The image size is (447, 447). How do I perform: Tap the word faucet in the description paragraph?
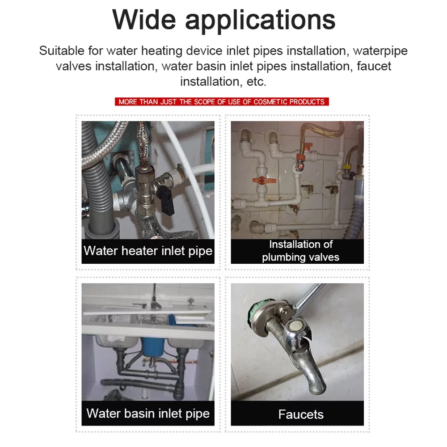tap(374, 67)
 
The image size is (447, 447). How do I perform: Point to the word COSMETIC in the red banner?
tap(270, 102)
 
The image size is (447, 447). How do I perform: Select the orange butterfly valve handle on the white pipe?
tap(260, 181)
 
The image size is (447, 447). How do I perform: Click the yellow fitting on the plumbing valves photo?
tap(346, 168)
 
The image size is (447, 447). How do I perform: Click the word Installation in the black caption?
tap(289, 245)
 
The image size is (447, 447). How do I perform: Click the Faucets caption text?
tap(300, 414)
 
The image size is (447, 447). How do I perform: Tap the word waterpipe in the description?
tap(378, 51)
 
